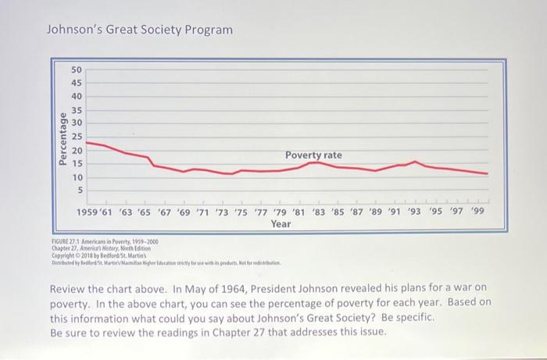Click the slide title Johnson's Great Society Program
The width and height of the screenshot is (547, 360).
coord(140,30)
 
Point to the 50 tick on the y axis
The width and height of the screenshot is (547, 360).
coord(77,69)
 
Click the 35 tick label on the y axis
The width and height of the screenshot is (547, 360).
coord(77,109)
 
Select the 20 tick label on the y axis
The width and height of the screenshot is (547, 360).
coord(77,150)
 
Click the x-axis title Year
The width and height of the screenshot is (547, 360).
coord(281,224)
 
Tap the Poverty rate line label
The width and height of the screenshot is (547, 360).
coord(313,155)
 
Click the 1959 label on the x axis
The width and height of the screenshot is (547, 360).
coord(88,212)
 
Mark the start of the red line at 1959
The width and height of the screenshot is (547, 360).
coord(86,142)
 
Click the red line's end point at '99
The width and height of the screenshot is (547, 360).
coord(487,173)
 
